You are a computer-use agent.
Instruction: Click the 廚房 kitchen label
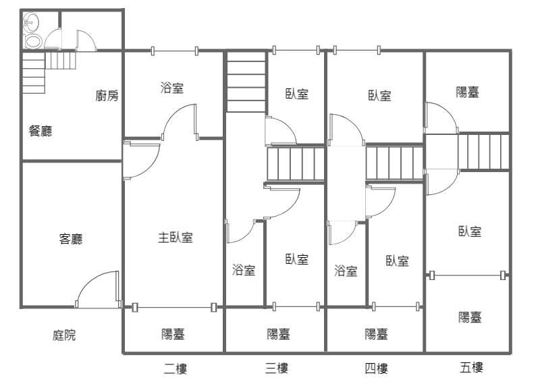(x=107, y=95)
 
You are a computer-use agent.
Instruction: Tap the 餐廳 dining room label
(x=41, y=131)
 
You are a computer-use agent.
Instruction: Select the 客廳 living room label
(x=71, y=238)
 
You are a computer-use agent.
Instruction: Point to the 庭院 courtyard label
(x=64, y=335)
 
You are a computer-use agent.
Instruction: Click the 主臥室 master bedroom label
(x=176, y=238)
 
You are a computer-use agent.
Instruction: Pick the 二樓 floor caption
(x=176, y=369)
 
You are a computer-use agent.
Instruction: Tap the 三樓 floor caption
(x=277, y=368)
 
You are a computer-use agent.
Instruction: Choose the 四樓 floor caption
(x=377, y=369)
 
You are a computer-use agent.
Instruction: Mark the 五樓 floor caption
(x=471, y=367)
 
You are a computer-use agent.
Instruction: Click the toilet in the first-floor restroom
(x=33, y=42)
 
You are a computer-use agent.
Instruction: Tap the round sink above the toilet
(x=31, y=23)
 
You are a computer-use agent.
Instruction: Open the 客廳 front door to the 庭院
(x=98, y=289)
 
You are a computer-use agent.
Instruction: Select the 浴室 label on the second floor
(x=172, y=88)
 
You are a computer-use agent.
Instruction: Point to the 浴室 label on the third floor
(x=244, y=270)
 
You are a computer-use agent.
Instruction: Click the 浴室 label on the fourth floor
(x=346, y=271)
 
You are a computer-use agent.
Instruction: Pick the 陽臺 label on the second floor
(x=173, y=334)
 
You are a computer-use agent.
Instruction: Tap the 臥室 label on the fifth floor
(x=470, y=231)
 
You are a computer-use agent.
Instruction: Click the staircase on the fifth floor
(x=483, y=152)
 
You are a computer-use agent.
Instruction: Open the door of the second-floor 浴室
(x=180, y=122)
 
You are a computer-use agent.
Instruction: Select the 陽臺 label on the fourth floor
(x=377, y=334)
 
